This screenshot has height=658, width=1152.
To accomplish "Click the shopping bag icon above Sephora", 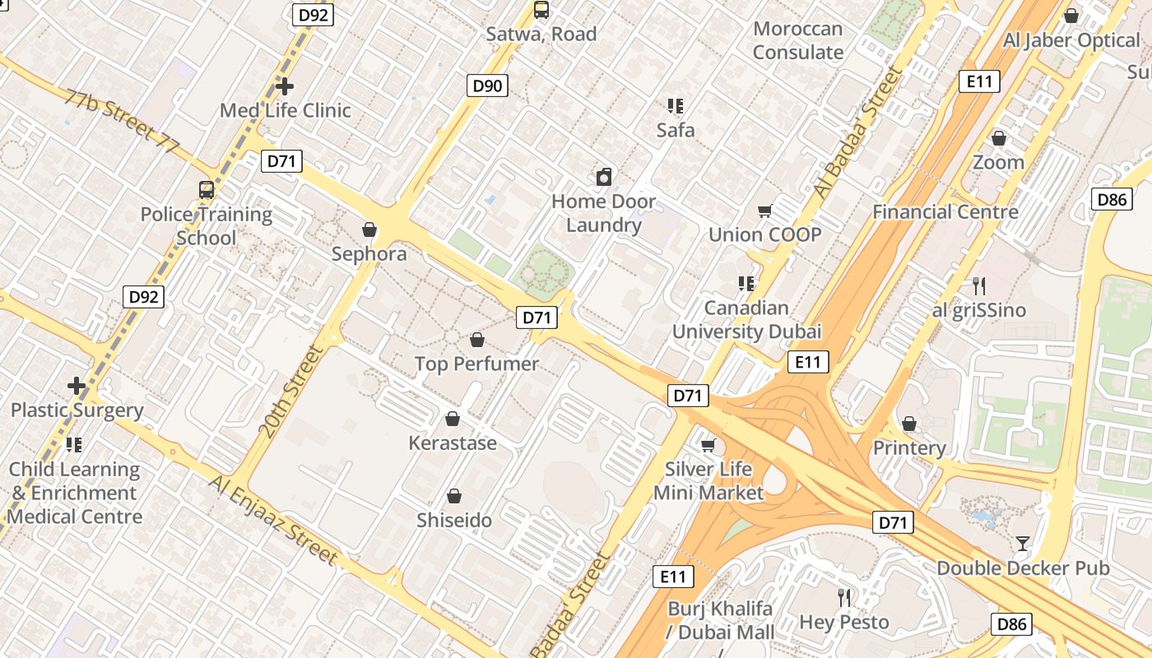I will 369,229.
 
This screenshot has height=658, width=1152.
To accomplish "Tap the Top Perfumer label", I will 476,364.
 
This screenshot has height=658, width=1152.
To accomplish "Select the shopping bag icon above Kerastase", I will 453,419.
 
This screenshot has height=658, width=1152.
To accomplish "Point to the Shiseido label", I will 454,521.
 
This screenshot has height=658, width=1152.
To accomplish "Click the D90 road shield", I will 488,86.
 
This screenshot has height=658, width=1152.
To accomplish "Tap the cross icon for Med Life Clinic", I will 285,86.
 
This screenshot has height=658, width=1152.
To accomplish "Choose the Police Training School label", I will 206,226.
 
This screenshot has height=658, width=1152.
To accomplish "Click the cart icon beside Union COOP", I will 765,211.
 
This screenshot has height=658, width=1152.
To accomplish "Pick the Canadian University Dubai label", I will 747,320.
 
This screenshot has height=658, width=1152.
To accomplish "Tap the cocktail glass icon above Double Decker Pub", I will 1022,543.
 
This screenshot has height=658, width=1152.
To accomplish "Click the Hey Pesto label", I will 845,622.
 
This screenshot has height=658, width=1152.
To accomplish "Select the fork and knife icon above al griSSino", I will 979,286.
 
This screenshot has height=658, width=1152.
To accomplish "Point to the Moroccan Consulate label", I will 798,40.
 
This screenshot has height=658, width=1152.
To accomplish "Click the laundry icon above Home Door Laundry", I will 604,177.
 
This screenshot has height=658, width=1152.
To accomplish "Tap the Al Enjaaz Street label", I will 274,520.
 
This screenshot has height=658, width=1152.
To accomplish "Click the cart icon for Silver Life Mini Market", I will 708,446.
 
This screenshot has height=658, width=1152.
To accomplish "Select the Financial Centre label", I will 945,211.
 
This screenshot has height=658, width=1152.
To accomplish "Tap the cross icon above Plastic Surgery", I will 77,385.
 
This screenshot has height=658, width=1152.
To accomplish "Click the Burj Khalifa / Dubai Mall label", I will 721,620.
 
